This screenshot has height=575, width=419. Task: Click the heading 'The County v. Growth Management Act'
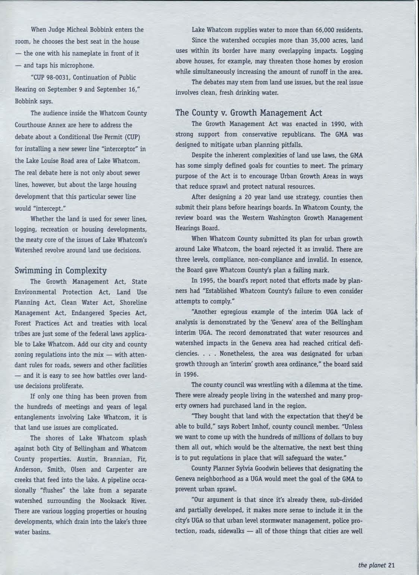pos(249,113)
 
